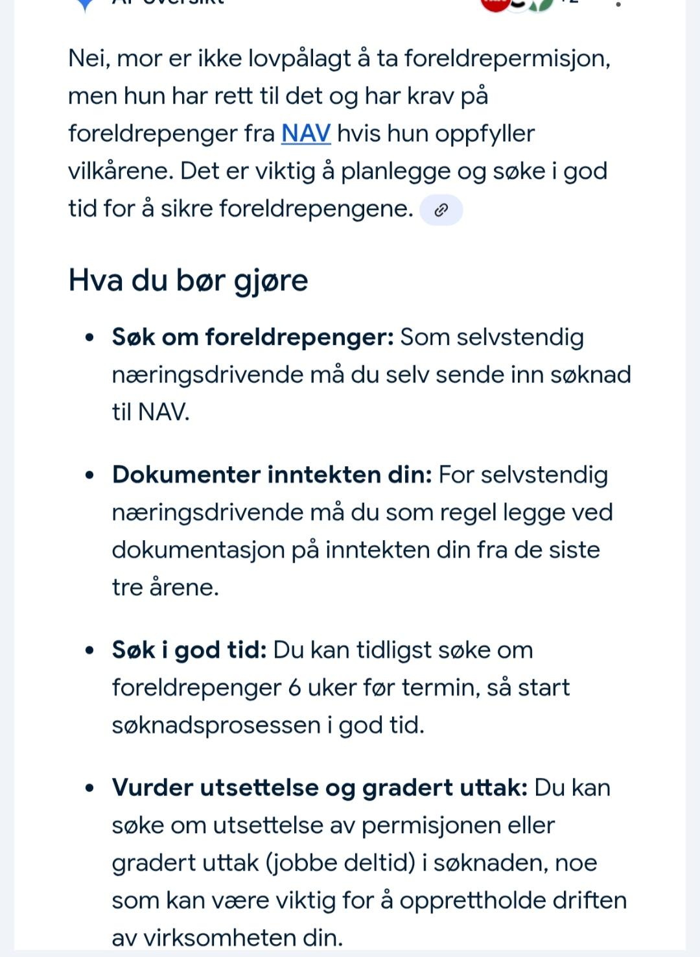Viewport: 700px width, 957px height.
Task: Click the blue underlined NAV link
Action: point(306,134)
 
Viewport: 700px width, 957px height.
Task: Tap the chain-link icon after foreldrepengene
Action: point(441,209)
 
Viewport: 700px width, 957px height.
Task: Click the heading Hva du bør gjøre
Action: point(188,281)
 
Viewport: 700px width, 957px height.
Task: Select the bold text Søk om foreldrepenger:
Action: point(253,337)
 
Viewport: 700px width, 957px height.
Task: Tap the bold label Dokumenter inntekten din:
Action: point(272,475)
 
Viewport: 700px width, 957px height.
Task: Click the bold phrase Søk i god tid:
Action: point(189,650)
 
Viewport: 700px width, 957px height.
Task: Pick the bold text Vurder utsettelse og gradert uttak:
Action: point(320,787)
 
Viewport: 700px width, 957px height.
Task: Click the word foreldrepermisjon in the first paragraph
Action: point(507,59)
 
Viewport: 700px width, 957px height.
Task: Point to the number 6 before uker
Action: point(294,687)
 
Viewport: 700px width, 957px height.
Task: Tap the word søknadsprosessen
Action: point(216,725)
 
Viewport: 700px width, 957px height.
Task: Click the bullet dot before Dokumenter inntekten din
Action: point(90,475)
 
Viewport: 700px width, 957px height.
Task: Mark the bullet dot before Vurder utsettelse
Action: point(90,788)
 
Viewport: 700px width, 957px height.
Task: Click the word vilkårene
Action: point(120,171)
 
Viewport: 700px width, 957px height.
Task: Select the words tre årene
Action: point(165,587)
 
